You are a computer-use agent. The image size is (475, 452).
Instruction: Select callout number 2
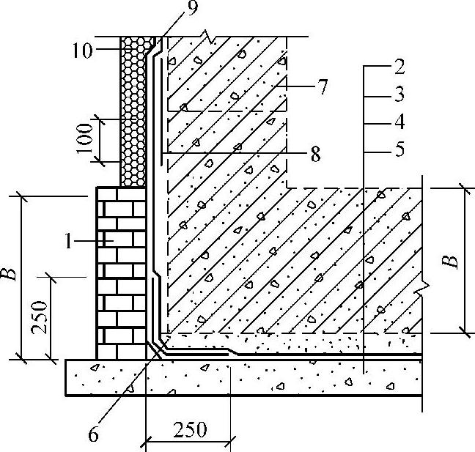pos(399,70)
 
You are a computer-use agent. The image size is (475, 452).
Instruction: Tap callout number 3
pos(399,96)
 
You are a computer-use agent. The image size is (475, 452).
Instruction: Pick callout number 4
pos(399,122)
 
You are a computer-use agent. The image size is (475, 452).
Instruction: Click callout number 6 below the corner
pos(93,434)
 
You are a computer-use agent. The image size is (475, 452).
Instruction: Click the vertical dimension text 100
pos(86,140)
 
